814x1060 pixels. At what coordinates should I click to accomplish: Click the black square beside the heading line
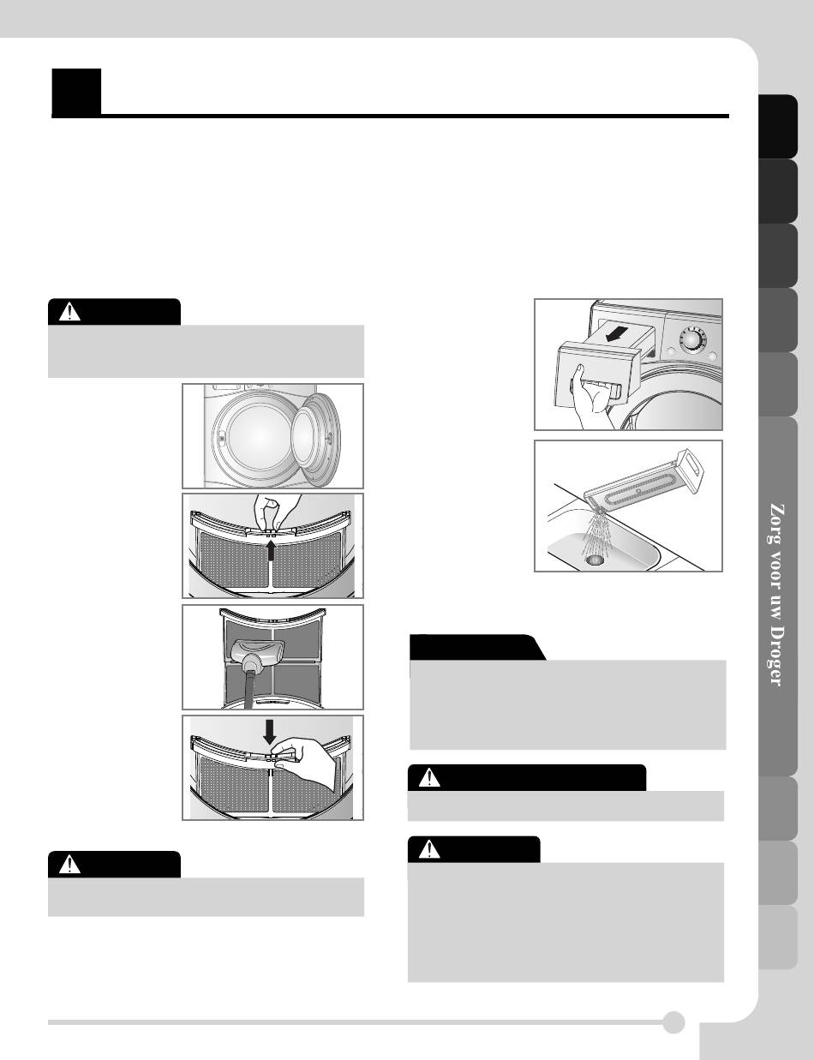pyautogui.click(x=76, y=92)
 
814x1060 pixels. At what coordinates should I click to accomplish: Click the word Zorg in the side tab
pyautogui.click(x=776, y=523)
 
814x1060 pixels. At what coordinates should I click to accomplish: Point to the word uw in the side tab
pyautogui.click(x=776, y=605)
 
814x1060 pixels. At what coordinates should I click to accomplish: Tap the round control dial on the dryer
pyautogui.click(x=691, y=340)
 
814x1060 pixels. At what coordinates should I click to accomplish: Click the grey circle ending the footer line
pyautogui.click(x=673, y=1022)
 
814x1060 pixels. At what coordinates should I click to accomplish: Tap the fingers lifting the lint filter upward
pyautogui.click(x=274, y=512)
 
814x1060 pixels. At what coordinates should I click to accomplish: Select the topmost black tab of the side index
pyautogui.click(x=778, y=126)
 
